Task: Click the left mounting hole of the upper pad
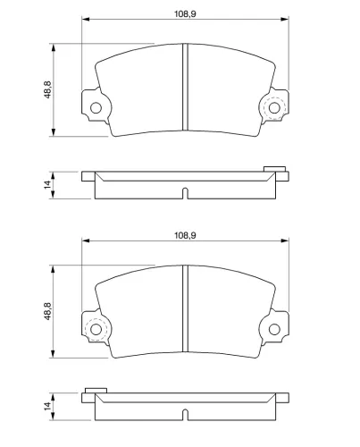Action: [95, 108]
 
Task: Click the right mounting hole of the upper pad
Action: [274, 108]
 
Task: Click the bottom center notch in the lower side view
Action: [185, 415]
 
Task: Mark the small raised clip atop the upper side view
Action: [274, 167]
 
